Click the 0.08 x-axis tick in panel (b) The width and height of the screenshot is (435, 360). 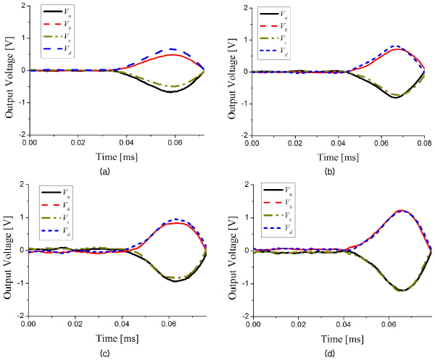(x=423, y=145)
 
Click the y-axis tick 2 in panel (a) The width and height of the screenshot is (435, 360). (x=25, y=6)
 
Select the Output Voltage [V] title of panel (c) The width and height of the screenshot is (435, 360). (x=8, y=248)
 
